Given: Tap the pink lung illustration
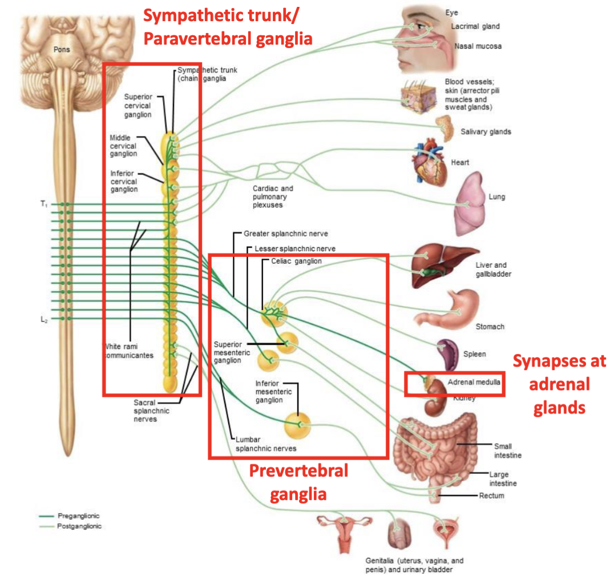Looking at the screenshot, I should click(471, 200).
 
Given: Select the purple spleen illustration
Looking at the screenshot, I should click(448, 354).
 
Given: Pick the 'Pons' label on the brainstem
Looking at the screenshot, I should click(62, 50).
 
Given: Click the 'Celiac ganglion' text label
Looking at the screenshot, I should click(296, 261).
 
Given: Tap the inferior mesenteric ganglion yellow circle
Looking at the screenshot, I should click(298, 424).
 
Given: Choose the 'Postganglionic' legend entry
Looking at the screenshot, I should click(79, 526).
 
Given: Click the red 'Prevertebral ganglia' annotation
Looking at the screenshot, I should click(298, 482).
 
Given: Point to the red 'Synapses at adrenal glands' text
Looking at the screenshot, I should click(559, 384).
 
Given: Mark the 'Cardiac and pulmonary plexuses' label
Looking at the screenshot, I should click(273, 196).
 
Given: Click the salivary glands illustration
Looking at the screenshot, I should click(445, 127).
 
